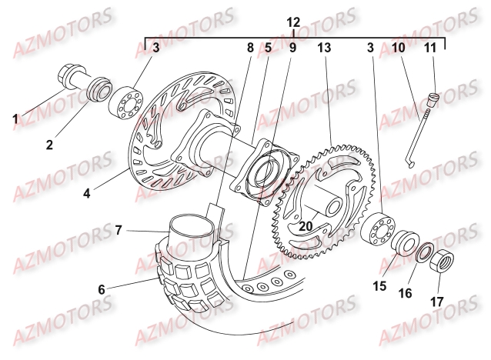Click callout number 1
[x=15, y=120]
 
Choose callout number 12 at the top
[x=293, y=23]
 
